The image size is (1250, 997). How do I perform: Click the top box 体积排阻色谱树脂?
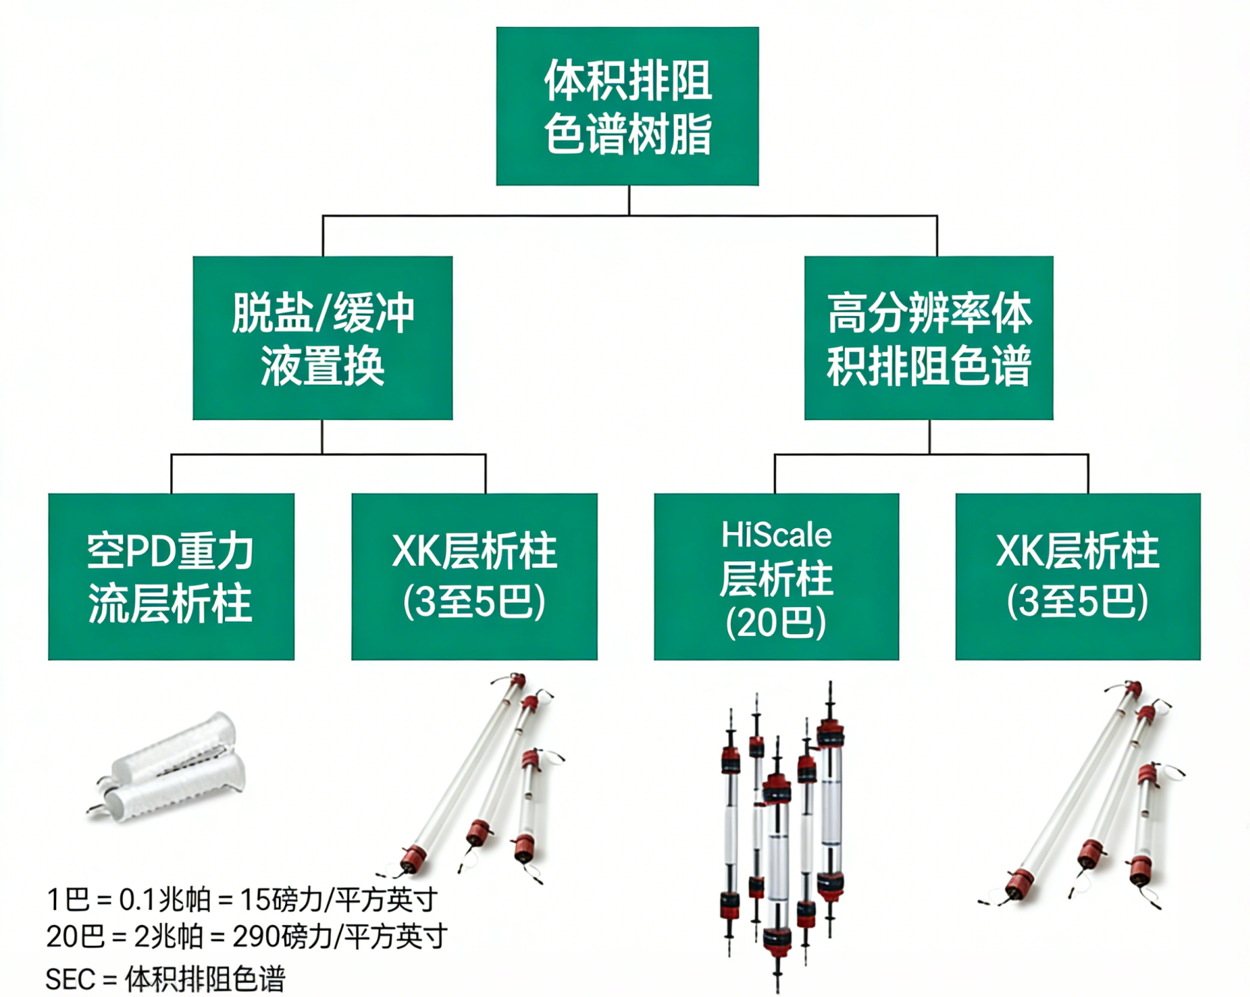point(627,106)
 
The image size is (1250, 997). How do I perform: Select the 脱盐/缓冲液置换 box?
point(322,338)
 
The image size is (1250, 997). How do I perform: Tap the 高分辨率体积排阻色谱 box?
point(928,338)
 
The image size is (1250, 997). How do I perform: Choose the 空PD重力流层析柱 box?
point(171,576)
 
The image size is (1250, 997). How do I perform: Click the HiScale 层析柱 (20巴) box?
point(776,576)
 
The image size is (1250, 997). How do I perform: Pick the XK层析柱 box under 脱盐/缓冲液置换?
point(474,576)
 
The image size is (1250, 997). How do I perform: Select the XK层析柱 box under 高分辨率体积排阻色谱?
point(1078,576)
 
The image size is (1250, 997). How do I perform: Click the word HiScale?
point(776,536)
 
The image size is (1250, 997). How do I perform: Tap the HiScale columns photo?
point(780,833)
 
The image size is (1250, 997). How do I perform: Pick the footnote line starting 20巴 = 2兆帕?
point(246,936)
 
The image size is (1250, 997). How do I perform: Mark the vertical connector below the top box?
point(628,200)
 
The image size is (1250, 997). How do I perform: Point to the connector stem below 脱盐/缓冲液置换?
point(322,437)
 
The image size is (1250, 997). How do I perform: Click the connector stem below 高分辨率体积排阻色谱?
point(929,437)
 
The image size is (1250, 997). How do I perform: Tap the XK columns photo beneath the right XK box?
point(1080,795)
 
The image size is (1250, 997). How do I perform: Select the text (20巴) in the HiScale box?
point(776,623)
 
